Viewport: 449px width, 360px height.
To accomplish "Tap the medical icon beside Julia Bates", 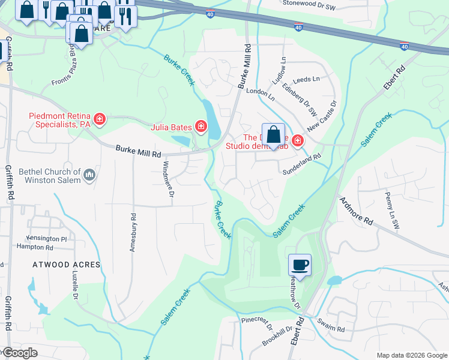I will (x=200, y=127).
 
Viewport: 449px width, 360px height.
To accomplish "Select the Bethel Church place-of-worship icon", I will (x=90, y=175).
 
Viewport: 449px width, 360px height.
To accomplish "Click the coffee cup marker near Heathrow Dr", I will (x=300, y=265).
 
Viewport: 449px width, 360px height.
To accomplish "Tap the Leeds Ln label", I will (x=307, y=79).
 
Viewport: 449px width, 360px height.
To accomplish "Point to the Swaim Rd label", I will (x=332, y=329).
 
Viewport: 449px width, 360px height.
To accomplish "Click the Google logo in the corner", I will (x=19, y=353).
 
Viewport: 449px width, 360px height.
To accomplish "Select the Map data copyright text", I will (x=412, y=355).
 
